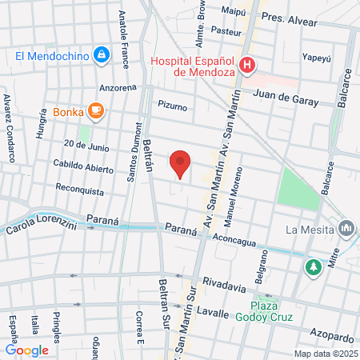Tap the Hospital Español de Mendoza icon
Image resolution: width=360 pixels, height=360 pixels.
coord(248,65)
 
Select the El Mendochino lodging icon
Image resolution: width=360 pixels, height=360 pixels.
coord(101,55)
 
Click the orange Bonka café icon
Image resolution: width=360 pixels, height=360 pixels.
coord(96,111)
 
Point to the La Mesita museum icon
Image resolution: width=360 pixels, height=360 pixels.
coord(346,228)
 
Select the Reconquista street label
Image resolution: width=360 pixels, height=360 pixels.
coord(80,192)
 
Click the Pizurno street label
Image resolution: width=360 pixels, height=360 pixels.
coord(172,105)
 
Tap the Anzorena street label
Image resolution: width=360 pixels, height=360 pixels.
coord(118,87)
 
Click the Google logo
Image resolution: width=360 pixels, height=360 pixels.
coord(27,350)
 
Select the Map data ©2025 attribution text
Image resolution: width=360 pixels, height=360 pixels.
coord(325,354)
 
